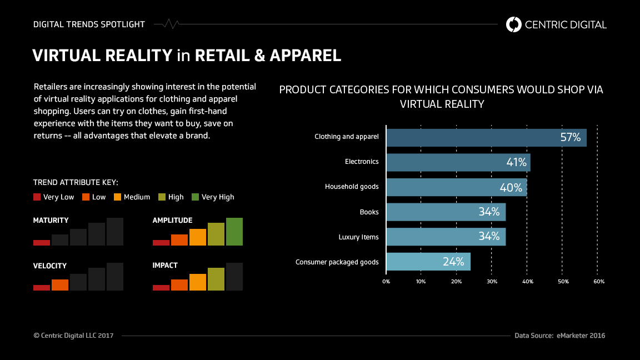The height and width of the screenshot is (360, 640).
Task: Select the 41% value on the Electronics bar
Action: (516, 163)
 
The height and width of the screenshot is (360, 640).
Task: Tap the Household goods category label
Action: (352, 187)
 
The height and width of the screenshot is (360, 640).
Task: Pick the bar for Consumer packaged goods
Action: (428, 262)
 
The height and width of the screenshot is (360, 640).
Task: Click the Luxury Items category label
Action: (358, 237)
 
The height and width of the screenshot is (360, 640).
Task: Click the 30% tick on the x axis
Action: (492, 282)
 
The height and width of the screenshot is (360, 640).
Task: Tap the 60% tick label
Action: (598, 282)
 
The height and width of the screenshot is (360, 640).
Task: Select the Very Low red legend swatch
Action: (37, 197)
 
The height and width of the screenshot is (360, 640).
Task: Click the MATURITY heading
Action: (51, 221)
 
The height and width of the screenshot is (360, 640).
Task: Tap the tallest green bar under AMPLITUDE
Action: (234, 232)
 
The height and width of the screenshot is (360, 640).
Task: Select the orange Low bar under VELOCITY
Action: (60, 285)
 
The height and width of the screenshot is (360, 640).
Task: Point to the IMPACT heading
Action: (165, 266)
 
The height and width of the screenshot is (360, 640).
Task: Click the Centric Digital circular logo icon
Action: (514, 24)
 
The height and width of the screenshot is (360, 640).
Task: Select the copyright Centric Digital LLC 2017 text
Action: (73, 336)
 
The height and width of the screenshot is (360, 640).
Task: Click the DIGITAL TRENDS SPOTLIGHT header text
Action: (89, 24)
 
